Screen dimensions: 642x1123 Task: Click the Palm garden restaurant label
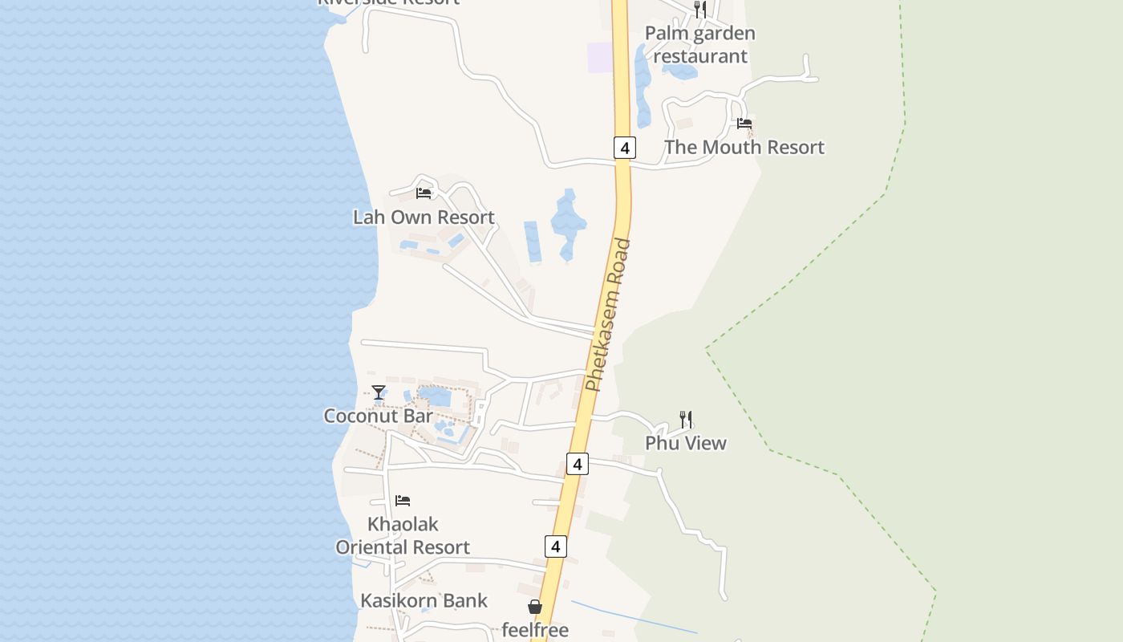[x=700, y=45]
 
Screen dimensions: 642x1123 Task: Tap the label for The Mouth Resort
[x=744, y=148]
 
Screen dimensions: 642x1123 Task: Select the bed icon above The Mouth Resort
[x=744, y=124]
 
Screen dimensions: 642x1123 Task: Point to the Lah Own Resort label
[x=424, y=217]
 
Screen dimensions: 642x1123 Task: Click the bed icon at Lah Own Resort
[x=424, y=193]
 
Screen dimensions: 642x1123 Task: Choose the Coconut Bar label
[x=378, y=416]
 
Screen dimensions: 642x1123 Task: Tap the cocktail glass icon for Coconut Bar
[x=379, y=392]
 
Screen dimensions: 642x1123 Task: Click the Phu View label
[x=686, y=443]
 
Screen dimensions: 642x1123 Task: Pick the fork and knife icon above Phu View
[x=686, y=419]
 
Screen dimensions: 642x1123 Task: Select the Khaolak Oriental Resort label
[x=403, y=536]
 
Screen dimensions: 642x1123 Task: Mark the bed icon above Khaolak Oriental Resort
[x=403, y=501]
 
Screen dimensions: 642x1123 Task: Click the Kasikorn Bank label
[x=424, y=600]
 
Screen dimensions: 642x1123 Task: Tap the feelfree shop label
[x=535, y=630]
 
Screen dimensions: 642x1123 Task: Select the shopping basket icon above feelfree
[x=535, y=607]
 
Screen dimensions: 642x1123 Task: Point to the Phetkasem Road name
[x=609, y=315]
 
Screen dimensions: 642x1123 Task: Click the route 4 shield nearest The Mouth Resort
[x=625, y=148]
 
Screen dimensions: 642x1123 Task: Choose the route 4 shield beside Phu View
[x=578, y=464]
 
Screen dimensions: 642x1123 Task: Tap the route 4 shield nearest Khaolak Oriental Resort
[x=555, y=547]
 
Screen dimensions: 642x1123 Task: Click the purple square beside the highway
[x=599, y=58]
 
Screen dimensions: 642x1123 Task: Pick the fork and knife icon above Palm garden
[x=700, y=10]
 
